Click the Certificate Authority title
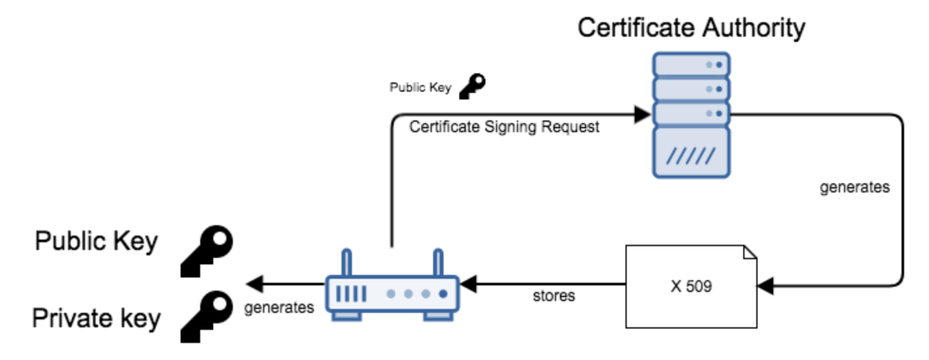691,27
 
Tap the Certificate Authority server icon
691,115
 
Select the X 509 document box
691,286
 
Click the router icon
393,293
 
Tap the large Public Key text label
96,242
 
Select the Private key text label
96,319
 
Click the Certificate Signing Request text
504,128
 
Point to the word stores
553,296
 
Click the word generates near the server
854,187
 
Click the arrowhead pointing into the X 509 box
765,286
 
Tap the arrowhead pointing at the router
467,285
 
